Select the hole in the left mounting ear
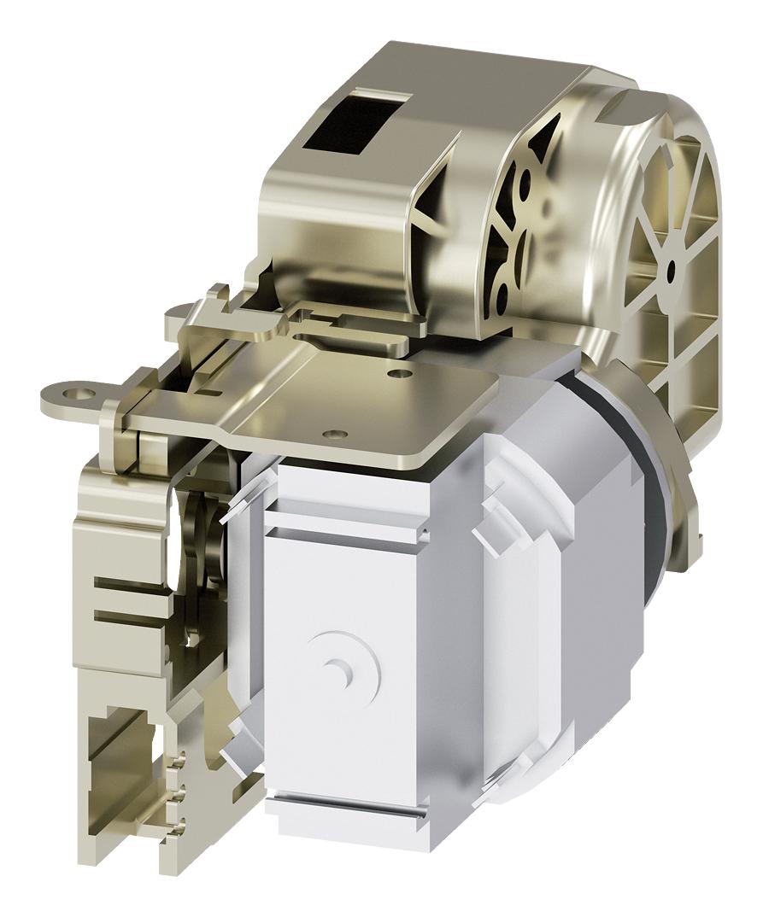82,394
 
